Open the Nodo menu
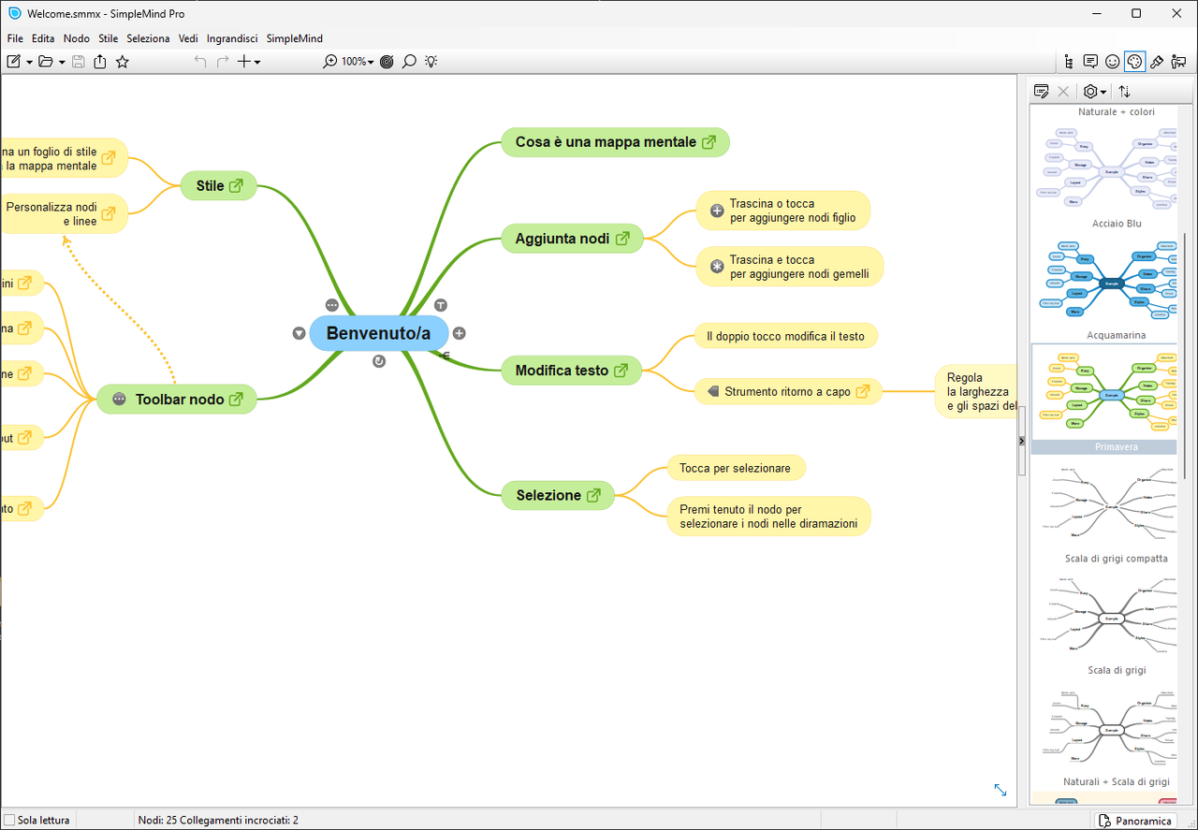pos(77,38)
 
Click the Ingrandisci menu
pos(232,38)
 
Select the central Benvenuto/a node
pos(378,333)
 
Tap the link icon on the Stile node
pos(236,186)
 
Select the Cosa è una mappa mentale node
pos(606,142)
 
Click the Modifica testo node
pos(562,371)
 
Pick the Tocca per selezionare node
pos(735,468)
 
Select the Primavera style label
pos(1117,447)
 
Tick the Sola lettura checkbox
pos(10,821)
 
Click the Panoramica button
pos(1135,821)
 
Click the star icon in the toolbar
pos(123,62)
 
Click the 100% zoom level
pos(354,62)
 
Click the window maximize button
pos(1136,13)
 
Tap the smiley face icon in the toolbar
pos(1112,62)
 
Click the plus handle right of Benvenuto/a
pos(460,333)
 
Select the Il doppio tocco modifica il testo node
pos(785,336)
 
